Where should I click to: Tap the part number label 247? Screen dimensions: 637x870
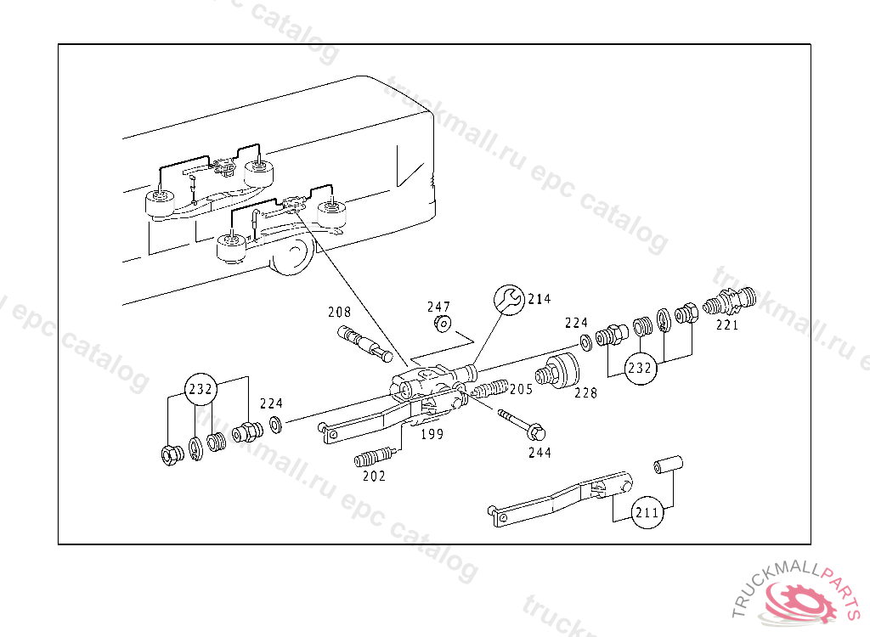[x=438, y=307]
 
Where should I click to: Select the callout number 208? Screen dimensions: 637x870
[x=339, y=313]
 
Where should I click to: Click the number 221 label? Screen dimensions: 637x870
[x=726, y=324]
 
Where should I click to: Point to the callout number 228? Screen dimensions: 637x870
[x=585, y=393]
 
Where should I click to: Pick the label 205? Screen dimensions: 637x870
[x=521, y=389]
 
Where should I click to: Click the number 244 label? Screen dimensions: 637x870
[x=539, y=453]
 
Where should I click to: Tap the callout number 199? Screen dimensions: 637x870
[x=432, y=435]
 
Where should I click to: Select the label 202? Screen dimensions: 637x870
[x=373, y=476]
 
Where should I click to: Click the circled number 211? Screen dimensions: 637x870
[x=647, y=513]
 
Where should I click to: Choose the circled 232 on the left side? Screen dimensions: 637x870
[x=202, y=389]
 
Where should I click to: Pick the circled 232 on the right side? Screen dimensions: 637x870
[x=641, y=369]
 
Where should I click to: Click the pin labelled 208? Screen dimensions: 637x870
[x=359, y=341]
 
